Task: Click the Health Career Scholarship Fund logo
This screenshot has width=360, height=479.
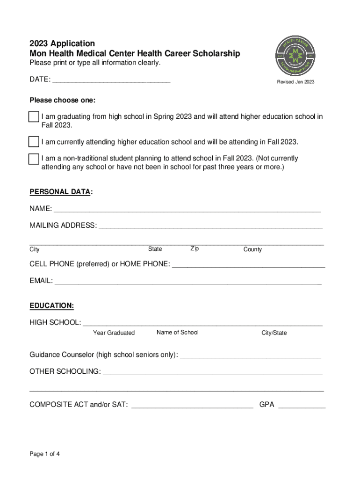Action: pos(295,55)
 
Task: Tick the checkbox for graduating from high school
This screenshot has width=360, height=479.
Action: pos(33,117)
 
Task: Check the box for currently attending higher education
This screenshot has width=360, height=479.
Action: pos(33,142)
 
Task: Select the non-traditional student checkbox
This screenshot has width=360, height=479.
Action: pos(33,159)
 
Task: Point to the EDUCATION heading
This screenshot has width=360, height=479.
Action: pos(51,305)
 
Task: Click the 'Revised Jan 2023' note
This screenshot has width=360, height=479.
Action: pos(295,82)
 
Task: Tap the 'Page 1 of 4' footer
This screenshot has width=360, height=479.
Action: pos(45,454)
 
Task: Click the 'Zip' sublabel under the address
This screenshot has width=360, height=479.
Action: pos(194,249)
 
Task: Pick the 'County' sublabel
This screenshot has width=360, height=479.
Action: pos(252,249)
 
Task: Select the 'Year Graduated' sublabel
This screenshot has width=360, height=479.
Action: pos(114,333)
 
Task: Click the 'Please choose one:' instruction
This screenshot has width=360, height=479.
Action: pos(62,100)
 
